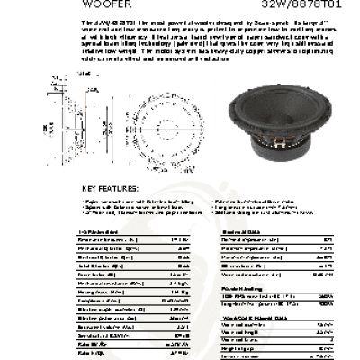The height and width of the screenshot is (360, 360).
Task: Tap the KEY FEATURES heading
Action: [111, 189]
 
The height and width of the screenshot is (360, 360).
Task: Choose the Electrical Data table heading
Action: [238, 232]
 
